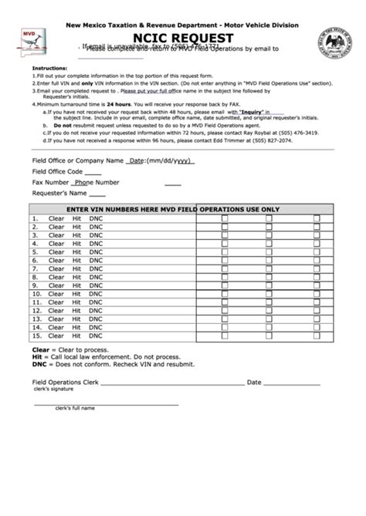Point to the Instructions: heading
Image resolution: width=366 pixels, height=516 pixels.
pos(49,68)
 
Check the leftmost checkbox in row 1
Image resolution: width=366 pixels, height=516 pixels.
pos(225,218)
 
